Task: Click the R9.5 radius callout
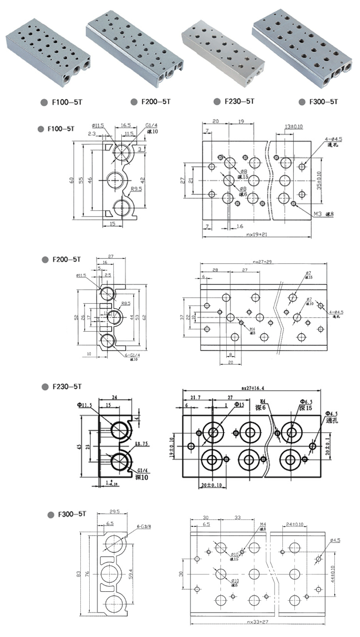coord(137,189)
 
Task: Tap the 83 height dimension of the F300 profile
coord(79,575)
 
